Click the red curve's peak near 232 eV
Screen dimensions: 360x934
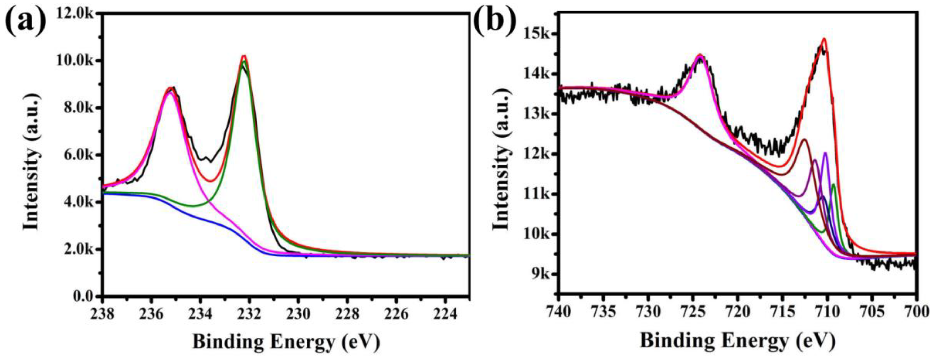244,56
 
